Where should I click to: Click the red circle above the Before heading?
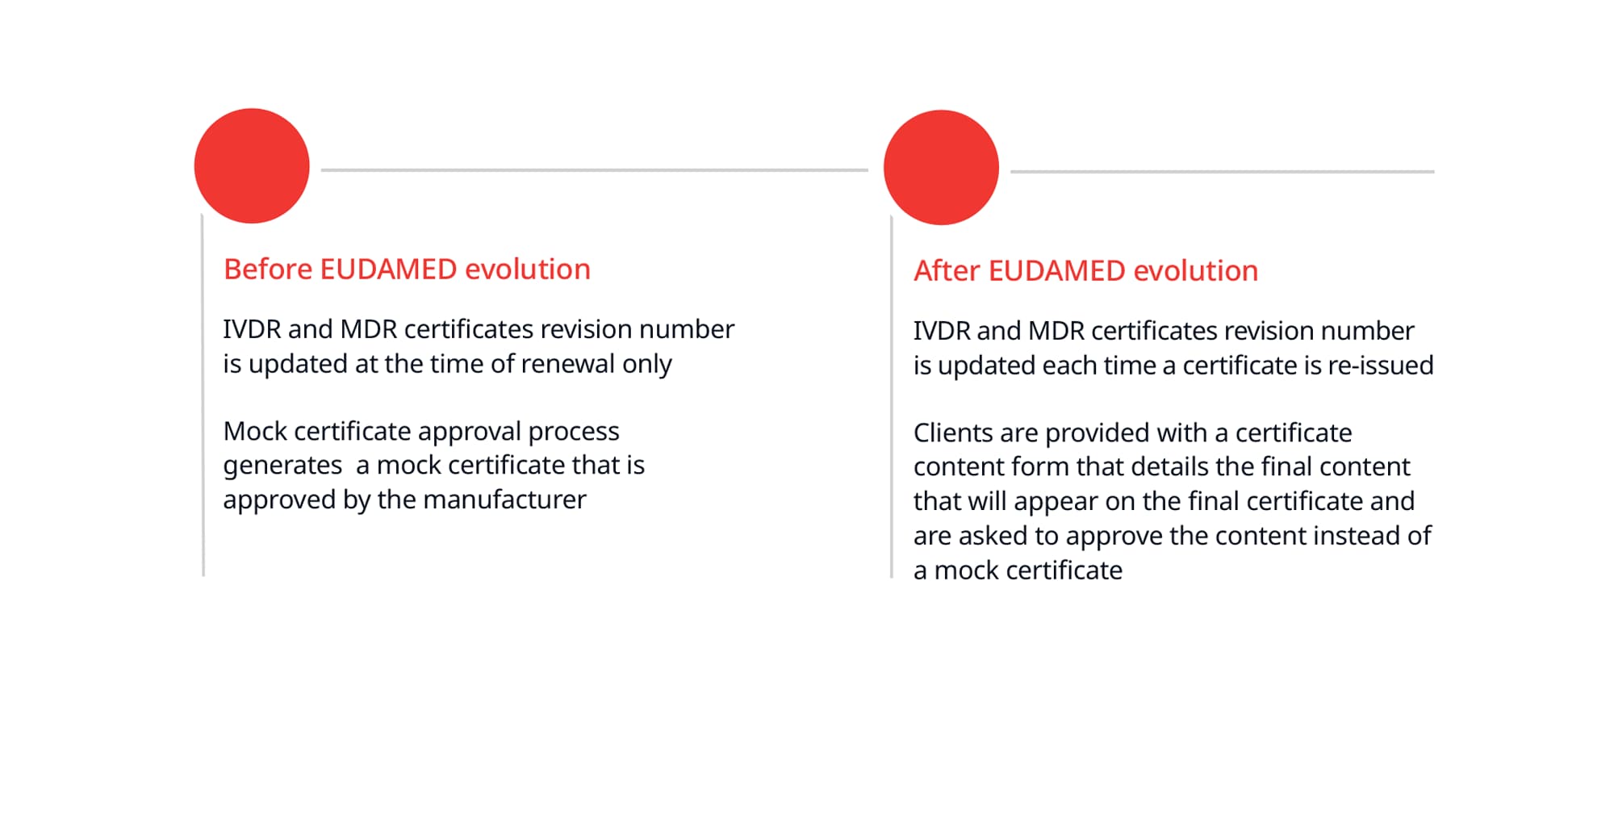[x=252, y=166]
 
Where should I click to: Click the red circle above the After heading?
[x=941, y=168]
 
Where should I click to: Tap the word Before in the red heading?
[x=268, y=269]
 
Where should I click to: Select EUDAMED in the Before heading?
[x=389, y=269]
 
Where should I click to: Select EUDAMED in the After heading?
[x=1057, y=271]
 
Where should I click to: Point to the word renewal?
[x=568, y=364]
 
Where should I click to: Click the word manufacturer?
[x=504, y=500]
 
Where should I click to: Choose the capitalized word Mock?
[x=255, y=431]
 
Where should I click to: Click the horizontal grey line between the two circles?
[x=595, y=170]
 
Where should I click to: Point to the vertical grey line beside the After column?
[x=892, y=396]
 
